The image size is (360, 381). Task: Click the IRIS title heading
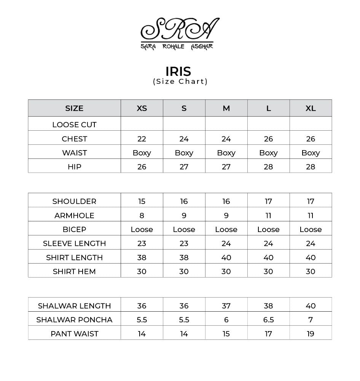point(178,71)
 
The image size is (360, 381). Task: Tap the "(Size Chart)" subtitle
point(180,82)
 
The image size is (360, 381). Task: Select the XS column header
point(142,108)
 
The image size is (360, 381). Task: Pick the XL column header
point(311,108)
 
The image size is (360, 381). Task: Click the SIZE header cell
point(74,108)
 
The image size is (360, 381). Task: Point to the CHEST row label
point(74,139)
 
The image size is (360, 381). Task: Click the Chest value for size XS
point(142,139)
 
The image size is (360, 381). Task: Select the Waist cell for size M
point(226,153)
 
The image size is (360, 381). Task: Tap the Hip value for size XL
point(311,167)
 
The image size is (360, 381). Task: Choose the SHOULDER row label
point(74,201)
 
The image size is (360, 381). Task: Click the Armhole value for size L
point(268,215)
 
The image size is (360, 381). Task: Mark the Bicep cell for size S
point(184,229)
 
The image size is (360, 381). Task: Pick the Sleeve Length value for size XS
point(142,243)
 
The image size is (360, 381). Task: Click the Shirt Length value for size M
point(226,258)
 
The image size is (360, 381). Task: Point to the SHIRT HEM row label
point(74,272)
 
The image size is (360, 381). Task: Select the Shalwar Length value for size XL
point(311,306)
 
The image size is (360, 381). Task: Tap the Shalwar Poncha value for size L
point(268,320)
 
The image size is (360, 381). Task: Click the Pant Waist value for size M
point(226,334)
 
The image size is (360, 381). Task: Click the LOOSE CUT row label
point(74,125)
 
